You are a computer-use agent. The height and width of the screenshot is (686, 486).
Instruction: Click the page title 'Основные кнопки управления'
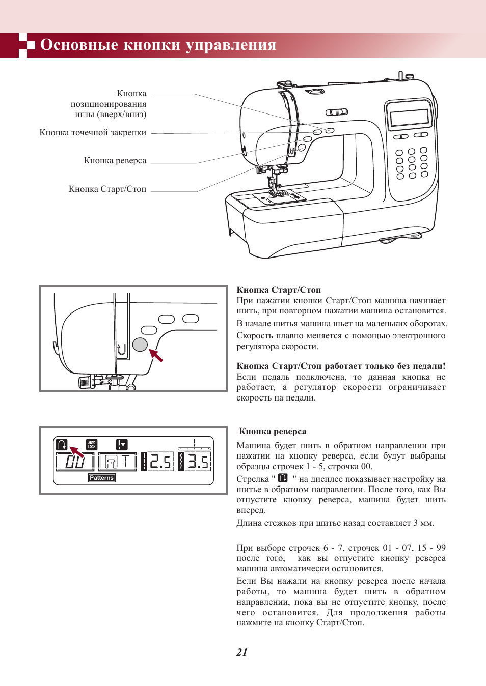158,45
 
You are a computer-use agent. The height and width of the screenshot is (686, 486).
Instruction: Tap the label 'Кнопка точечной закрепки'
93,133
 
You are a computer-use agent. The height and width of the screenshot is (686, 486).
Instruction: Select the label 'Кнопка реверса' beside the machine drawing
115,161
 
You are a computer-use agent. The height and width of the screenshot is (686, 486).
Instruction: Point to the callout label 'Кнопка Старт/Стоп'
107,189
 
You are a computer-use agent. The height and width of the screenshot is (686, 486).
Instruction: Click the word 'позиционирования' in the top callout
109,104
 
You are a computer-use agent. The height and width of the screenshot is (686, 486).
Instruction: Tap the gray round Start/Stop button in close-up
140,345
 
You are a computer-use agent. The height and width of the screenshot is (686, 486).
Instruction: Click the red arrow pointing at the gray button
156,355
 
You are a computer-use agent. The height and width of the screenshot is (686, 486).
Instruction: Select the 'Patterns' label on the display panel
101,478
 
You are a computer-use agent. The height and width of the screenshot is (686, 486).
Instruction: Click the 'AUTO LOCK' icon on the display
92,445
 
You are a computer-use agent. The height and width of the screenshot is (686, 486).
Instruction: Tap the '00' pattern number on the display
75,462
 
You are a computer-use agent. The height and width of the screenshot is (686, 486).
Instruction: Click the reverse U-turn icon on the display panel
62,445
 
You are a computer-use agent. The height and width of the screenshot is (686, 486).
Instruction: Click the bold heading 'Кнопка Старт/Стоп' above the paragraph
279,290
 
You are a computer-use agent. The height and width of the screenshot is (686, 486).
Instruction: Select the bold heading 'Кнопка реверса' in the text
273,432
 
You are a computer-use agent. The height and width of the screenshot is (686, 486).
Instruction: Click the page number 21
242,652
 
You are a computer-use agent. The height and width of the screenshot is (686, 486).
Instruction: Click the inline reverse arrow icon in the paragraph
283,478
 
